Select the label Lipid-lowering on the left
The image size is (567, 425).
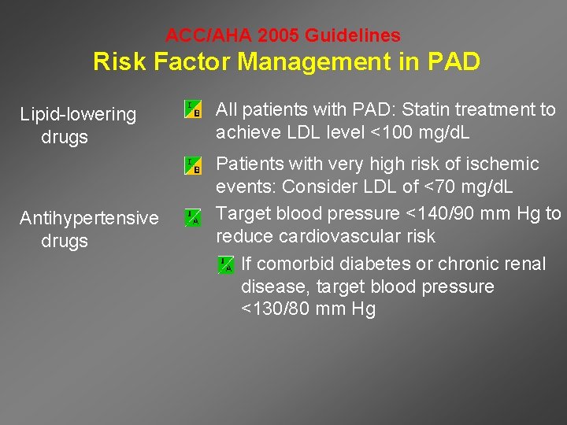click(x=78, y=115)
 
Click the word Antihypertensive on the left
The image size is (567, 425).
click(x=89, y=218)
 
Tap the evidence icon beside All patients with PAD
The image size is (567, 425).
click(x=193, y=109)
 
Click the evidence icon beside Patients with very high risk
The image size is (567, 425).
click(x=193, y=165)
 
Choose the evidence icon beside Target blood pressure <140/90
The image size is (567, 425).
click(x=193, y=217)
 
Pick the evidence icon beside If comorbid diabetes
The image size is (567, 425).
click(x=226, y=264)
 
